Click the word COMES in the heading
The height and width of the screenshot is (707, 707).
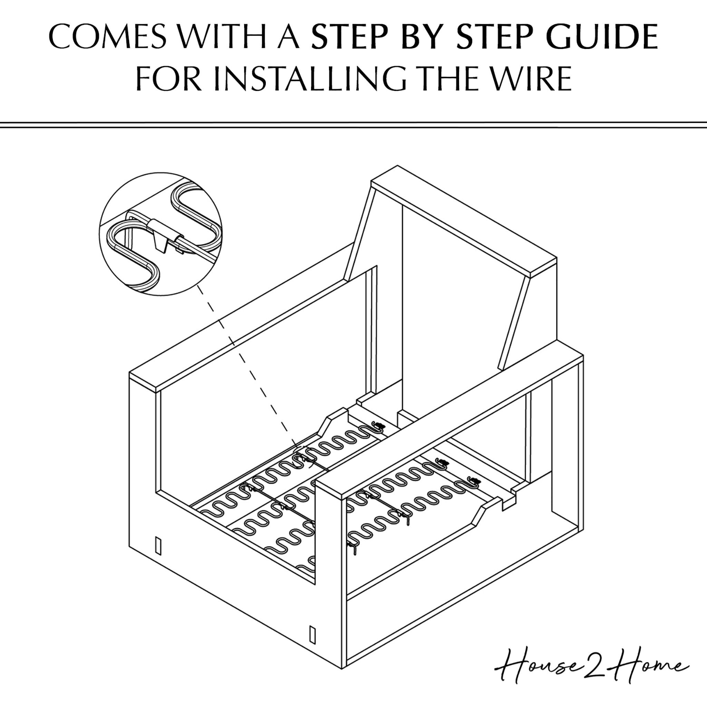click(107, 37)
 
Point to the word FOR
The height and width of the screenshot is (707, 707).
click(169, 78)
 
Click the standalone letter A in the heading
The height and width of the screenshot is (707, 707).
click(289, 37)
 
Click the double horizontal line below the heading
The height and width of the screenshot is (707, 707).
click(353, 125)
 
